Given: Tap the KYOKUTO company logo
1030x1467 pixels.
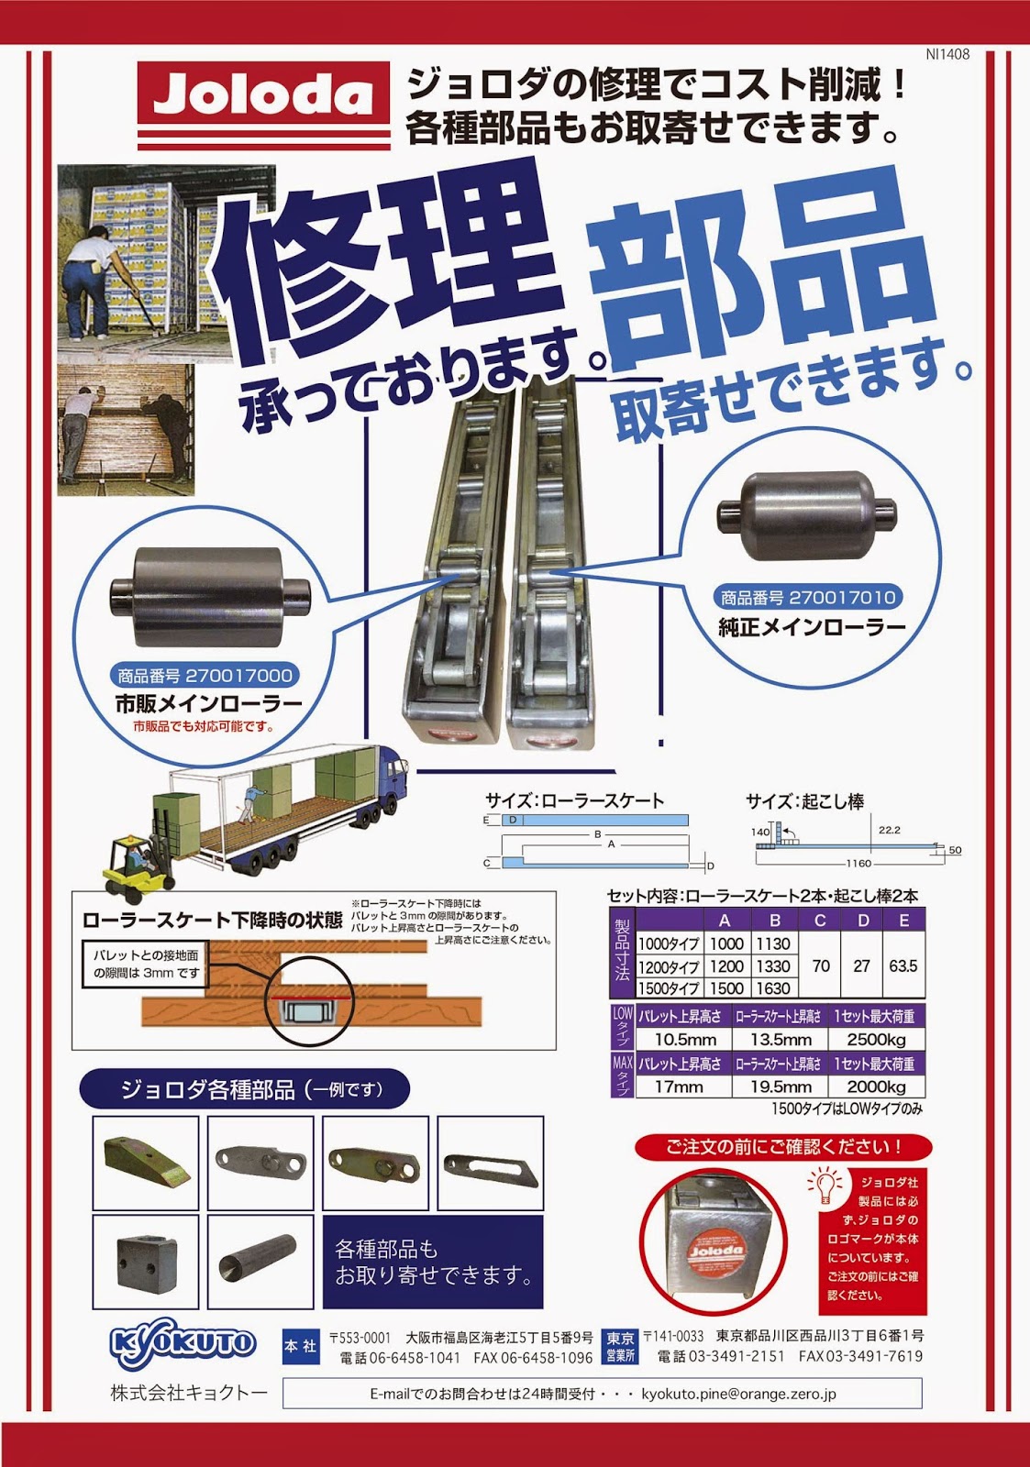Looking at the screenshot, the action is pos(182,1345).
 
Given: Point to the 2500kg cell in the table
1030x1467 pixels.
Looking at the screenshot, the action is pos(875,1039).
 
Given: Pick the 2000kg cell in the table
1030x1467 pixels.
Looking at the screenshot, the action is pos(875,1086).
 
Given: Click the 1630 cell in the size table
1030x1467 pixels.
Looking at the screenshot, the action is pos(773,988).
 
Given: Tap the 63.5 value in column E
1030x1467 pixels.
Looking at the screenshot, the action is pos(903,965).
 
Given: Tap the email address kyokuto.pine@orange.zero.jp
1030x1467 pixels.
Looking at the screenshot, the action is pos(738,1394).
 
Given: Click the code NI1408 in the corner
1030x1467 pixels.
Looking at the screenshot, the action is pos(947,55).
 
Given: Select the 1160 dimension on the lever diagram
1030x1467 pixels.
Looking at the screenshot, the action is pos(858,864).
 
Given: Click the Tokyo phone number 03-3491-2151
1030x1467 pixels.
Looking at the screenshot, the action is pos(720,1356).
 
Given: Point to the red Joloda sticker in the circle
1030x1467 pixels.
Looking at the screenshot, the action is pos(714,1250).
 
